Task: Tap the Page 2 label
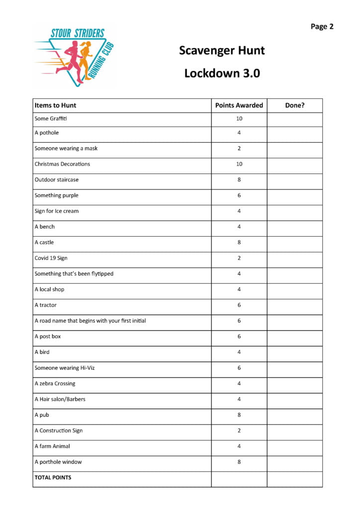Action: pos(322,27)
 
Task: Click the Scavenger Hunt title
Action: pos(222,50)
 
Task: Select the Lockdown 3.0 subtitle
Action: pos(222,73)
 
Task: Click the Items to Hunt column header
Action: pos(55,105)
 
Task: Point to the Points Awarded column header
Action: pos(239,105)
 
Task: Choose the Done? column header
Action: pos(294,105)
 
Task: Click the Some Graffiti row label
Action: pos(50,119)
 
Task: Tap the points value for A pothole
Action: pos(239,133)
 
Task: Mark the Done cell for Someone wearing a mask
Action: pos(294,148)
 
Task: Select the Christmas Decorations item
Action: pos(62,164)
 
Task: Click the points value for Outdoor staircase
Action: pos(239,179)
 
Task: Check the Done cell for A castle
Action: pos(294,242)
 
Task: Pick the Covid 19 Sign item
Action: pos(52,258)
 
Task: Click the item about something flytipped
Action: pos(74,274)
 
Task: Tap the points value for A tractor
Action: pos(239,305)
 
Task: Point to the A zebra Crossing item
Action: pos(55,384)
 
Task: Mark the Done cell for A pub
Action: pos(294,415)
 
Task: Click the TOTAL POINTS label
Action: pos(53,478)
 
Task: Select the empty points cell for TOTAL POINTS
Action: pos(239,479)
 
